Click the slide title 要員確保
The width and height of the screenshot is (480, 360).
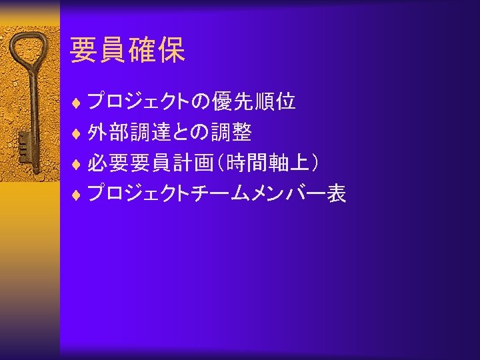(127, 50)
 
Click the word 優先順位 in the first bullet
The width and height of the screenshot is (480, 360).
(254, 102)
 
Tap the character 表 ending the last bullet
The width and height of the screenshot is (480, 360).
(336, 194)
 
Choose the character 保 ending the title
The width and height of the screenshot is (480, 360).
(171, 50)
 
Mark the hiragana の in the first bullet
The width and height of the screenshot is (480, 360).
(200, 102)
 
